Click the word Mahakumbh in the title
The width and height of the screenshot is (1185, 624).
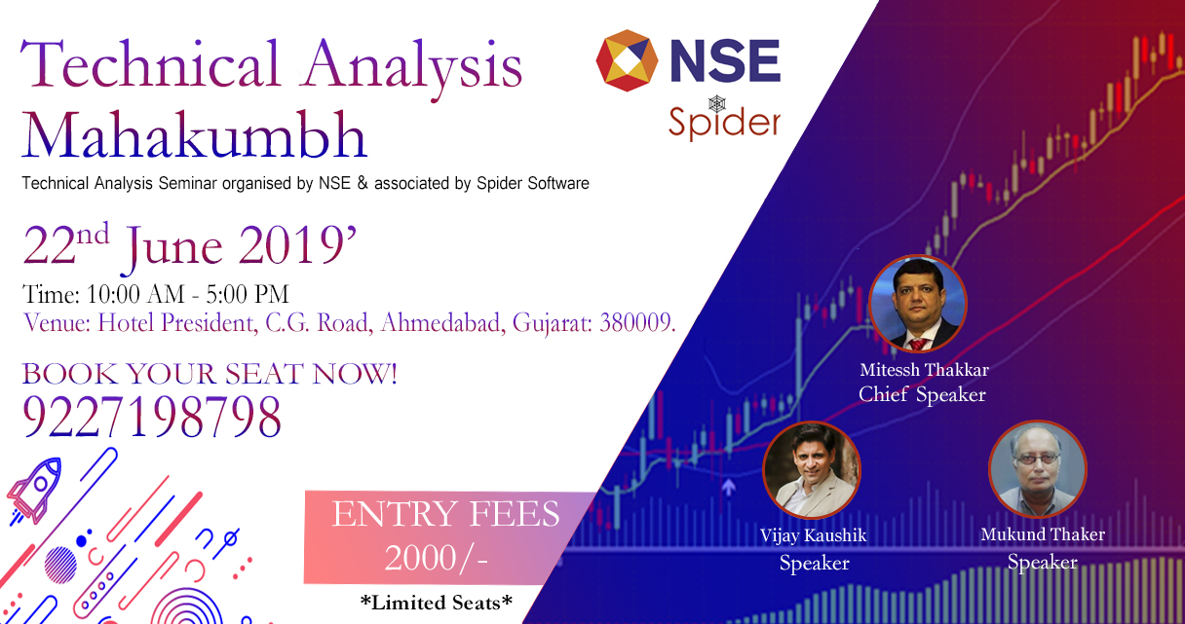pos(194,134)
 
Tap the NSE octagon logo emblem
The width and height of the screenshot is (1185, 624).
pos(627,60)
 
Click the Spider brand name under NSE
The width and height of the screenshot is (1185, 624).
pos(724,123)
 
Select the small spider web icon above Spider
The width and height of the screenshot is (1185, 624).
pos(717,103)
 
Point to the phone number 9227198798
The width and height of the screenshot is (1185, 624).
pos(152,417)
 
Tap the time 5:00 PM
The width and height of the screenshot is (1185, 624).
pos(248,294)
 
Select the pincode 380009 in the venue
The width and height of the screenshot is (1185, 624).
pos(637,322)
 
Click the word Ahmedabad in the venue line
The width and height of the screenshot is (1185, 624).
pos(440,322)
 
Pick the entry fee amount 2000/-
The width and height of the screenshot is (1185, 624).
pos(436,558)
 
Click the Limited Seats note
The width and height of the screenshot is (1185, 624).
pos(436,603)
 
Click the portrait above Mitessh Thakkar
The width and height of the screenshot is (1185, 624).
pos(918,304)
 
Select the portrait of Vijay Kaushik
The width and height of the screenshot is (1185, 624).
pos(812,470)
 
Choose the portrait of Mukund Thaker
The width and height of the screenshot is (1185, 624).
pos(1038,468)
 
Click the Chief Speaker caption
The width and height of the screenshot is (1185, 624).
pos(922,394)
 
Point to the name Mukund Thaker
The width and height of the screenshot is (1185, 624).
pos(1043,534)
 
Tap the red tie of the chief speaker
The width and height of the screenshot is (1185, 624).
pos(918,344)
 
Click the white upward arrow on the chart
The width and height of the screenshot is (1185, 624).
pos(729,487)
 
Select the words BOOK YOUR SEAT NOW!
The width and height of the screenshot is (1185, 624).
pos(210,374)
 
